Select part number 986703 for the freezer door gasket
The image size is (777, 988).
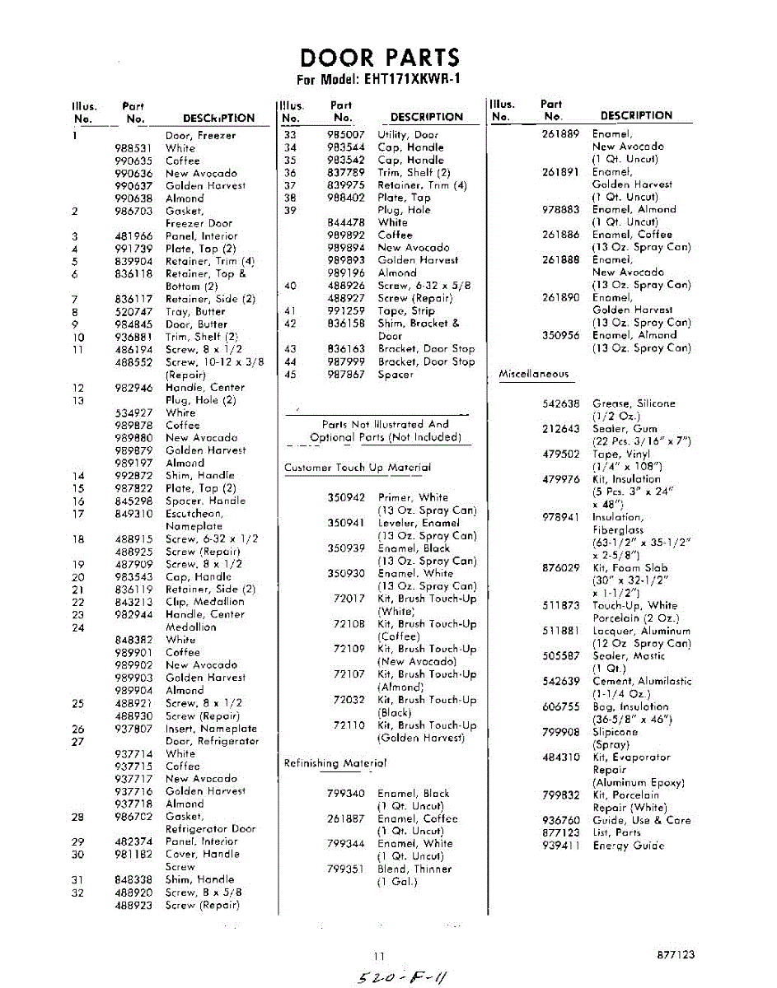[133, 211]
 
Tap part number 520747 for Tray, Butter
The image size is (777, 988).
[133, 311]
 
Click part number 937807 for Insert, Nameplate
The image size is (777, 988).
[133, 728]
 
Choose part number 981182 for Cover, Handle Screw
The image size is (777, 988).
[133, 854]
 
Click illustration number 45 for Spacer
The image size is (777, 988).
[290, 375]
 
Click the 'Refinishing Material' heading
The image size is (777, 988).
[335, 763]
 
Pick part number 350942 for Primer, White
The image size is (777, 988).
[346, 497]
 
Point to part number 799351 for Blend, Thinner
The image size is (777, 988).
[346, 869]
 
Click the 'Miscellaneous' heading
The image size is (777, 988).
[534, 374]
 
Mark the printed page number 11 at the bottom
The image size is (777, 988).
[379, 956]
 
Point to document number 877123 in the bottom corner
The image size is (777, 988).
[676, 955]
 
